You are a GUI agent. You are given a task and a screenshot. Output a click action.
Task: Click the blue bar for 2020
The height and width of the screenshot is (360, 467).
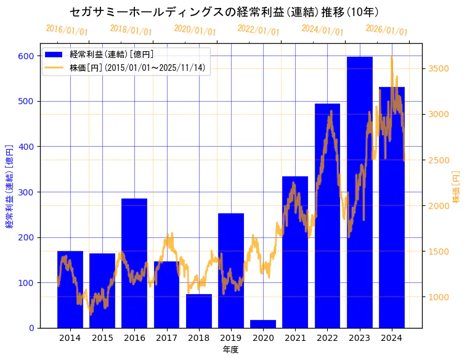(x=263, y=324)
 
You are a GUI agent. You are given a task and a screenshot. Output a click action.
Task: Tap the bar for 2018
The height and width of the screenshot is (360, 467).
(x=199, y=311)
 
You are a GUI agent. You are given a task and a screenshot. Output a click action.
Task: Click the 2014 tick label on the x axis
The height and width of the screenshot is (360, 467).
(x=70, y=338)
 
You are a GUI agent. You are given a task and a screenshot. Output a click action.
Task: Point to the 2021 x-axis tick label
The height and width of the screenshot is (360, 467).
(x=295, y=338)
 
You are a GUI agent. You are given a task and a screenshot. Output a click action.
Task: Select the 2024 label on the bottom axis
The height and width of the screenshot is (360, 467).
(x=392, y=338)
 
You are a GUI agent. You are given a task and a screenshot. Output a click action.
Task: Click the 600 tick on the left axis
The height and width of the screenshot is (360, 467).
(x=25, y=56)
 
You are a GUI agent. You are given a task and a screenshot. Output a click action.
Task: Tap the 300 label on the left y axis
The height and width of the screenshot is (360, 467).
(x=25, y=192)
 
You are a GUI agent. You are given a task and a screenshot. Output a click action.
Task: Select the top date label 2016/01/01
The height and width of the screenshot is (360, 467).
(x=67, y=30)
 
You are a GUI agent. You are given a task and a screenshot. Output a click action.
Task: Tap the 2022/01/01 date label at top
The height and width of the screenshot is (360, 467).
(x=259, y=30)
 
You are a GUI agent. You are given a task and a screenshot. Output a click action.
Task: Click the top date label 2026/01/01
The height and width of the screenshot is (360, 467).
(x=386, y=30)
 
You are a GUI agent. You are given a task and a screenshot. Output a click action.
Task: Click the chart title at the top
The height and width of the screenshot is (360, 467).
(x=224, y=12)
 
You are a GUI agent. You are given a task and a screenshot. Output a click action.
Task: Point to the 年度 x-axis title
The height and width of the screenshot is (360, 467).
(x=230, y=350)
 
